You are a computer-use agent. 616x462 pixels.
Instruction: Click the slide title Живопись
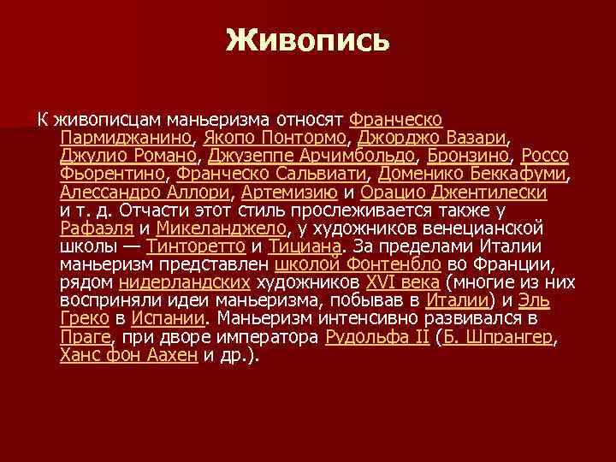pyautogui.click(x=308, y=41)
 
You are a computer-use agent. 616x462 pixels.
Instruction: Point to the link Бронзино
pyautogui.click(x=469, y=156)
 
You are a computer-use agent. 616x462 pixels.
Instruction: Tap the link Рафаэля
pyautogui.click(x=96, y=229)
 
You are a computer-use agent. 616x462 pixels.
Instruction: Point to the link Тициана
pyautogui.click(x=304, y=247)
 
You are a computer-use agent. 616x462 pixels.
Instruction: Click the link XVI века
pyautogui.click(x=402, y=284)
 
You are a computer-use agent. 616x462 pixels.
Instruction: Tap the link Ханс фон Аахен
pyautogui.click(x=128, y=357)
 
